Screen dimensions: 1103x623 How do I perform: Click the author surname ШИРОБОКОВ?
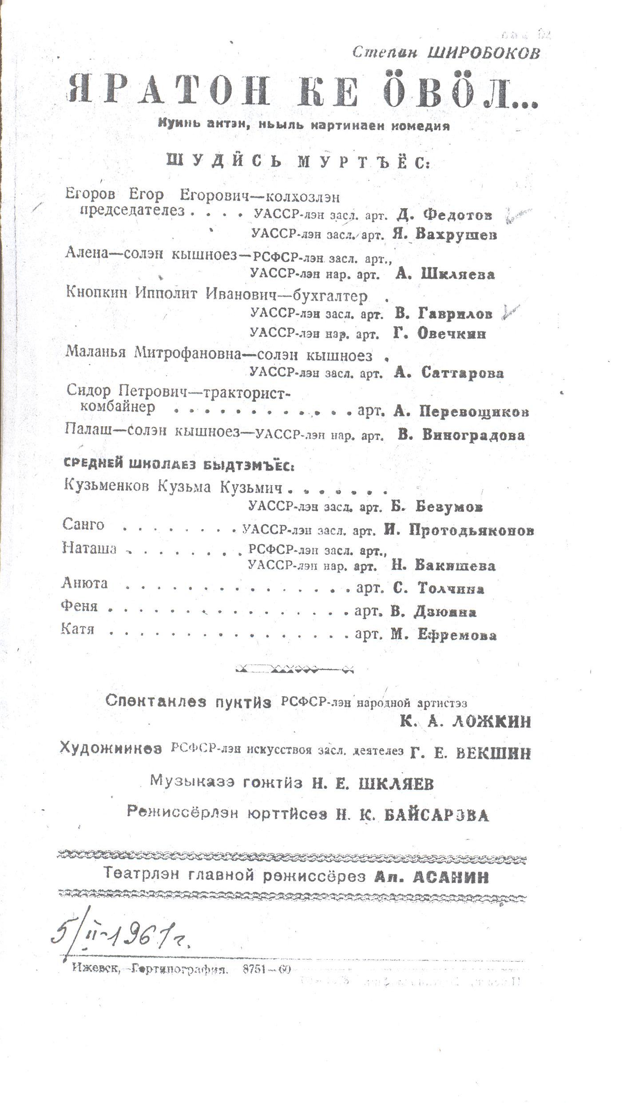(x=484, y=53)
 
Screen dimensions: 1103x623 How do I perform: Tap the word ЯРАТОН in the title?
(x=169, y=91)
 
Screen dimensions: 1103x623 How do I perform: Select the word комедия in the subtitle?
(x=420, y=126)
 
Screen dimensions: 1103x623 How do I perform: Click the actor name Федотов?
(x=457, y=215)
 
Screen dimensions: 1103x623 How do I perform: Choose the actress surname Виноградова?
(x=473, y=435)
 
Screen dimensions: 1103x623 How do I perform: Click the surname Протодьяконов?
(x=471, y=530)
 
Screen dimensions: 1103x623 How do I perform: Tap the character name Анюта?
(x=84, y=583)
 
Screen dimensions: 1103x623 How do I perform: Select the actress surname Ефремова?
(x=457, y=635)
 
